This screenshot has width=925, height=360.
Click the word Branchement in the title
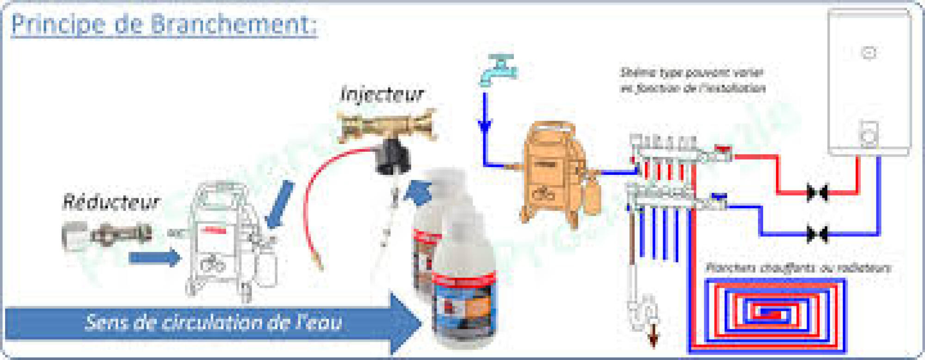coord(234,24)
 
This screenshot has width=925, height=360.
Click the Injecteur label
coord(382,94)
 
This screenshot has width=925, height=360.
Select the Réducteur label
coord(111,202)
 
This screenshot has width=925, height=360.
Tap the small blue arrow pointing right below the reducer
coord(154,258)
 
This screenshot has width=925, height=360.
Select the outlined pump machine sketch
coord(227,241)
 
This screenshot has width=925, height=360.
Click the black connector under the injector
coord(392,157)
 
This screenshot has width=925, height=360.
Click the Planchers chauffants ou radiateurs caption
coord(798,268)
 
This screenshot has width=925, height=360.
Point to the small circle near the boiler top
coord(869,53)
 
